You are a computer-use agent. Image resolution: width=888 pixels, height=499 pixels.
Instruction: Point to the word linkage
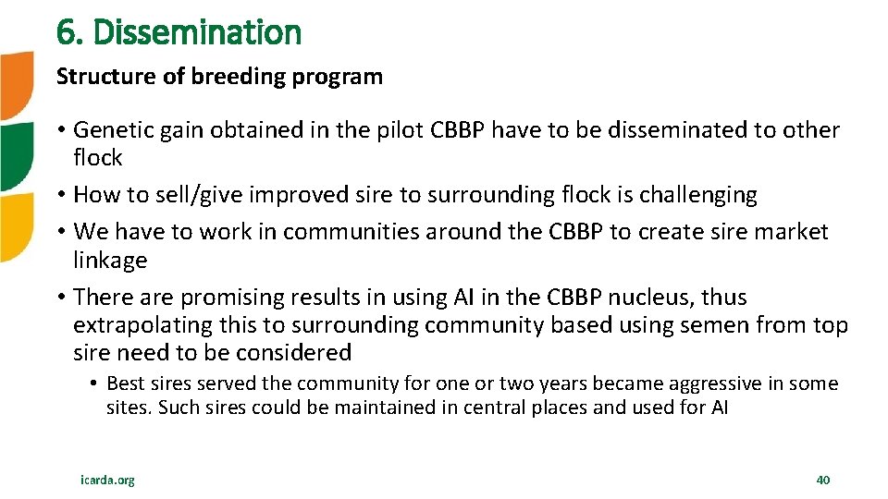(x=110, y=261)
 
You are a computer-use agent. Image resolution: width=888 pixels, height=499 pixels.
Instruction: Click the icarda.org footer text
(x=107, y=480)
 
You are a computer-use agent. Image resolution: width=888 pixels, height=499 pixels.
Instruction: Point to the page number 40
(x=823, y=480)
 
